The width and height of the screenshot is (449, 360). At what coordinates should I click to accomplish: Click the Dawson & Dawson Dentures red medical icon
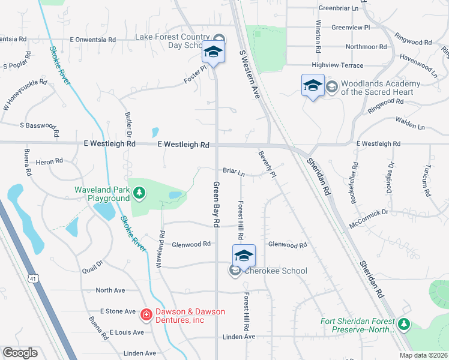146,314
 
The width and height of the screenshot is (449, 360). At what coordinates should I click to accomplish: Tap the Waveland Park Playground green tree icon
139,192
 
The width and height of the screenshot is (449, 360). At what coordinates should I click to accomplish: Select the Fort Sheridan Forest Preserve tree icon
404,325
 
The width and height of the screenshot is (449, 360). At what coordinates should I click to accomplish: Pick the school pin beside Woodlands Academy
313,85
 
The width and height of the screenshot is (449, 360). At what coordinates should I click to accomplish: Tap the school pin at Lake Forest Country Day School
213,52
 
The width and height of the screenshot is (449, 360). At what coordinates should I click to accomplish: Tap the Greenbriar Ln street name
339,8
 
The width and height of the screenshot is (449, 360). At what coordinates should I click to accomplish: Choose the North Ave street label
110,290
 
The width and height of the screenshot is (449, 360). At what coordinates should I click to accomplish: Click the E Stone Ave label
118,311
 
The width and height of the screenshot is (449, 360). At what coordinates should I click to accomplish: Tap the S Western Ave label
252,66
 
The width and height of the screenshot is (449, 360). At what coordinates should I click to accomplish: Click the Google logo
20,353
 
